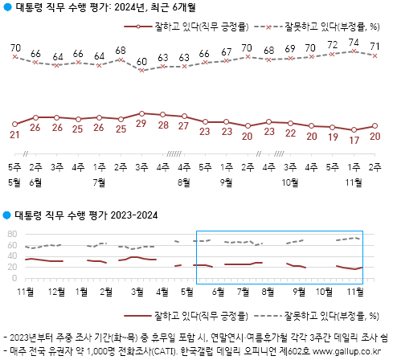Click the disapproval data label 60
141,62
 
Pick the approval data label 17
354,140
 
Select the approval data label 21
14,134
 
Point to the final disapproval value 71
375,47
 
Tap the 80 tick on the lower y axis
11,235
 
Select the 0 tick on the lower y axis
14,278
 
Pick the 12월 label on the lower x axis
57,289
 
